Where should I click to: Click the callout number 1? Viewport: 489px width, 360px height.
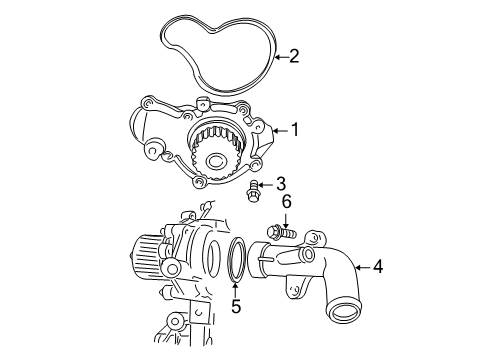294,129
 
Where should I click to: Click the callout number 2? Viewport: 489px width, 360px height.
294,56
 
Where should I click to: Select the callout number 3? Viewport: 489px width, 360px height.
281,184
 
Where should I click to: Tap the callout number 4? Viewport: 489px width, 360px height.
377,267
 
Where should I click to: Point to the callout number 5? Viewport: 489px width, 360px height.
236,307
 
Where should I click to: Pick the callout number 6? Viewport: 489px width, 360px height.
286,202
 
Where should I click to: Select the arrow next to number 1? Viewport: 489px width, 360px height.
277,129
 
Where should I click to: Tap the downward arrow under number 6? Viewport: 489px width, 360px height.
286,218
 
